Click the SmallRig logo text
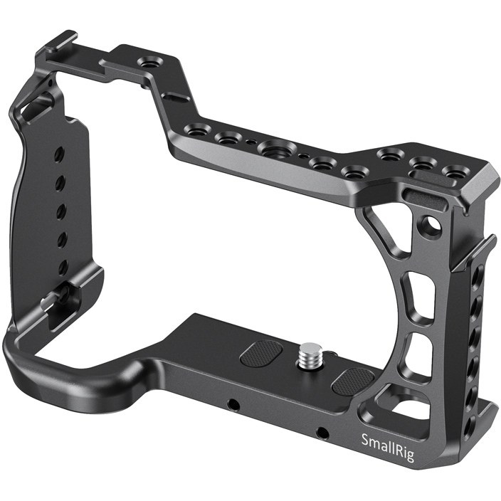387,439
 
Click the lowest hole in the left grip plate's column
63,267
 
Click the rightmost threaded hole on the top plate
453,172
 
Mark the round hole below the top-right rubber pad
429,226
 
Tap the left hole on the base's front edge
233,404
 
